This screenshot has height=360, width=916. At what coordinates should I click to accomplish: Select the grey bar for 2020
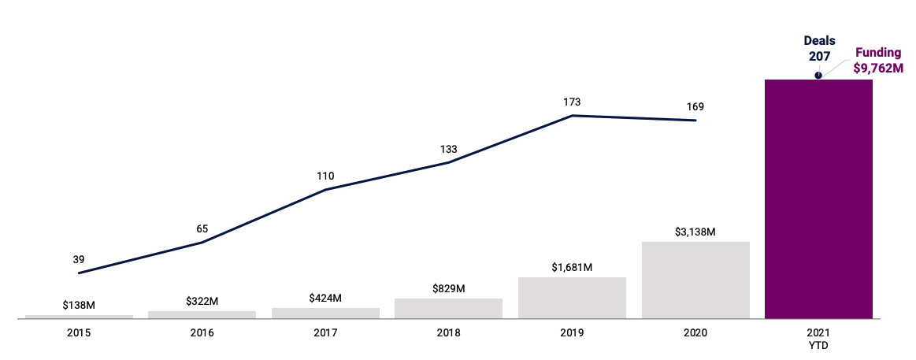tap(695, 280)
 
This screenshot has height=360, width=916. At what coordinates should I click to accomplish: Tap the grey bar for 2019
tap(572, 298)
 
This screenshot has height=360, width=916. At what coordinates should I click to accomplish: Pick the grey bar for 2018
tap(448, 308)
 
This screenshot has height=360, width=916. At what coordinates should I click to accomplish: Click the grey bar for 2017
tap(325, 313)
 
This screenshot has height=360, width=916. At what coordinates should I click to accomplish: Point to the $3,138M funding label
tap(695, 232)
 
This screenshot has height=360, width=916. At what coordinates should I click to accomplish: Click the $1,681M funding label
tap(572, 268)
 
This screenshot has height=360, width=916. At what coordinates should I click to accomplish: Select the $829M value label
tap(448, 289)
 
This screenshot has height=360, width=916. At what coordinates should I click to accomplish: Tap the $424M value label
tap(325, 298)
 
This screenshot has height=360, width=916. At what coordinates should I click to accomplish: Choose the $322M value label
tap(202, 301)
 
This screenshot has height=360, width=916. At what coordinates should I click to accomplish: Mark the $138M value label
tap(79, 305)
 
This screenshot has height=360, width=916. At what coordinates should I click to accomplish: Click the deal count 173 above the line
tap(572, 102)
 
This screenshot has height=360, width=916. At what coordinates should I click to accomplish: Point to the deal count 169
tap(695, 106)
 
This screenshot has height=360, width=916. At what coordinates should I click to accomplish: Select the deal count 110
tap(325, 176)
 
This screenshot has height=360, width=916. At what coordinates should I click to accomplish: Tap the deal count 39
tap(79, 259)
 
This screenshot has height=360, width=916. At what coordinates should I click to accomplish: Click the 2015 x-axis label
tap(79, 333)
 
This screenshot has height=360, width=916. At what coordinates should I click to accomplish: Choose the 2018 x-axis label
tap(448, 333)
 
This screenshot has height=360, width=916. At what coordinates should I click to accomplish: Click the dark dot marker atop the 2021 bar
tap(818, 76)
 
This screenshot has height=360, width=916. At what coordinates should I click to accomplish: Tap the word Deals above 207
tap(819, 41)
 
